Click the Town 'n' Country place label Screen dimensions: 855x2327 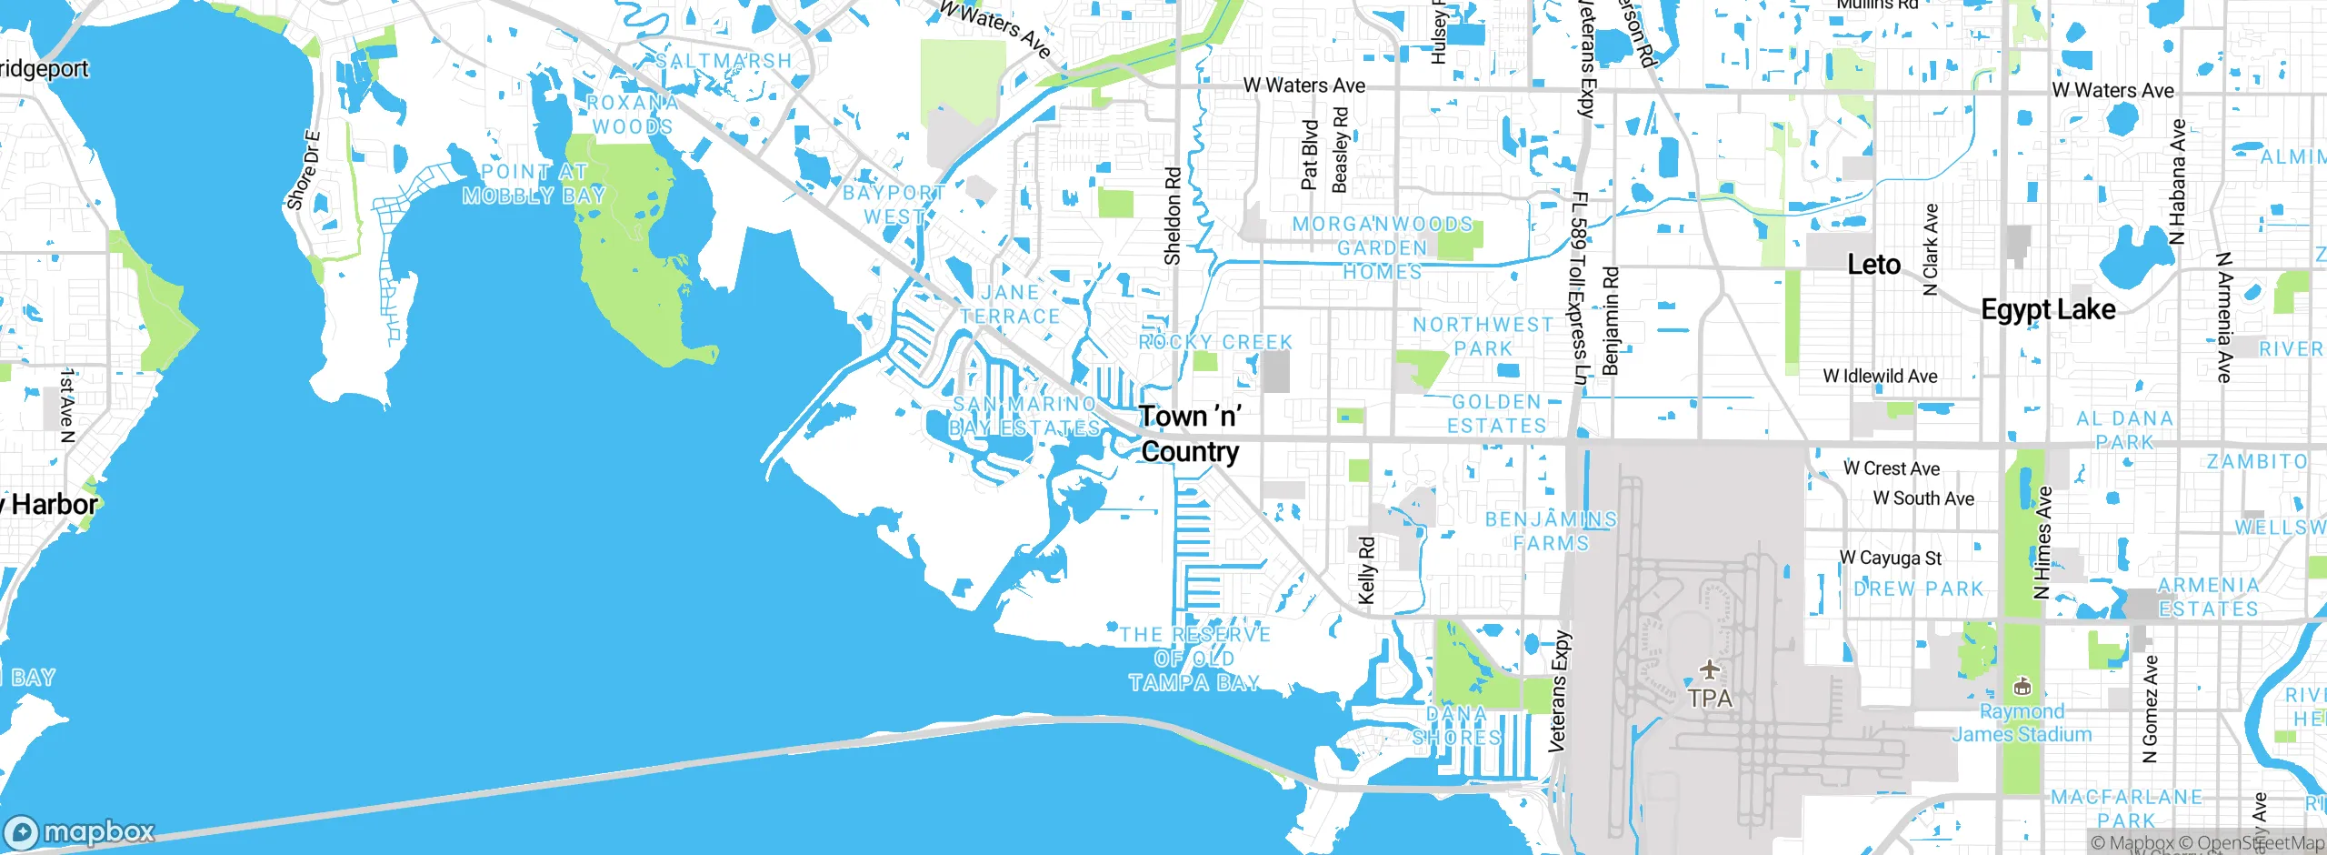(x=1190, y=434)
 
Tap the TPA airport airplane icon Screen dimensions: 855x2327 (x=1710, y=671)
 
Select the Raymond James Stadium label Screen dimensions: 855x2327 (x=2022, y=723)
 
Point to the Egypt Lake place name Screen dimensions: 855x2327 (x=2048, y=309)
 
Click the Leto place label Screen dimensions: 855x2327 (x=1873, y=265)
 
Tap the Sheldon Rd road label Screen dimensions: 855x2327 (x=1173, y=216)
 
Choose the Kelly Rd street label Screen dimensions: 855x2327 (x=1366, y=570)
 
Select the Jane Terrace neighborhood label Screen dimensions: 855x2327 (x=1010, y=305)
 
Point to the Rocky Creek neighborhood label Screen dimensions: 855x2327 (x=1215, y=342)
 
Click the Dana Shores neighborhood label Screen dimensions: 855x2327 (x=1456, y=726)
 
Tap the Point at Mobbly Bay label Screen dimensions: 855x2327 (x=534, y=184)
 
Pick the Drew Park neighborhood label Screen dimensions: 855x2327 (x=1918, y=588)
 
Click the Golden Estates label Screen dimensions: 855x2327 (x=1496, y=414)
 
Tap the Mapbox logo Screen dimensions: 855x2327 (x=80, y=832)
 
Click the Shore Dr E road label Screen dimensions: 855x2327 (x=303, y=171)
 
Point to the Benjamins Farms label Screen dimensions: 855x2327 (x=1551, y=531)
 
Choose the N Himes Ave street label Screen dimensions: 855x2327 (x=2042, y=542)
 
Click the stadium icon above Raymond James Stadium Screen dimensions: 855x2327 (x=2022, y=687)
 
